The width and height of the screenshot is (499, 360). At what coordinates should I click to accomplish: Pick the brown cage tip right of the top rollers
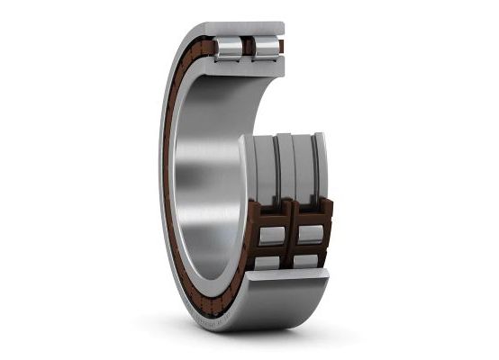pyautogui.click(x=281, y=46)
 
